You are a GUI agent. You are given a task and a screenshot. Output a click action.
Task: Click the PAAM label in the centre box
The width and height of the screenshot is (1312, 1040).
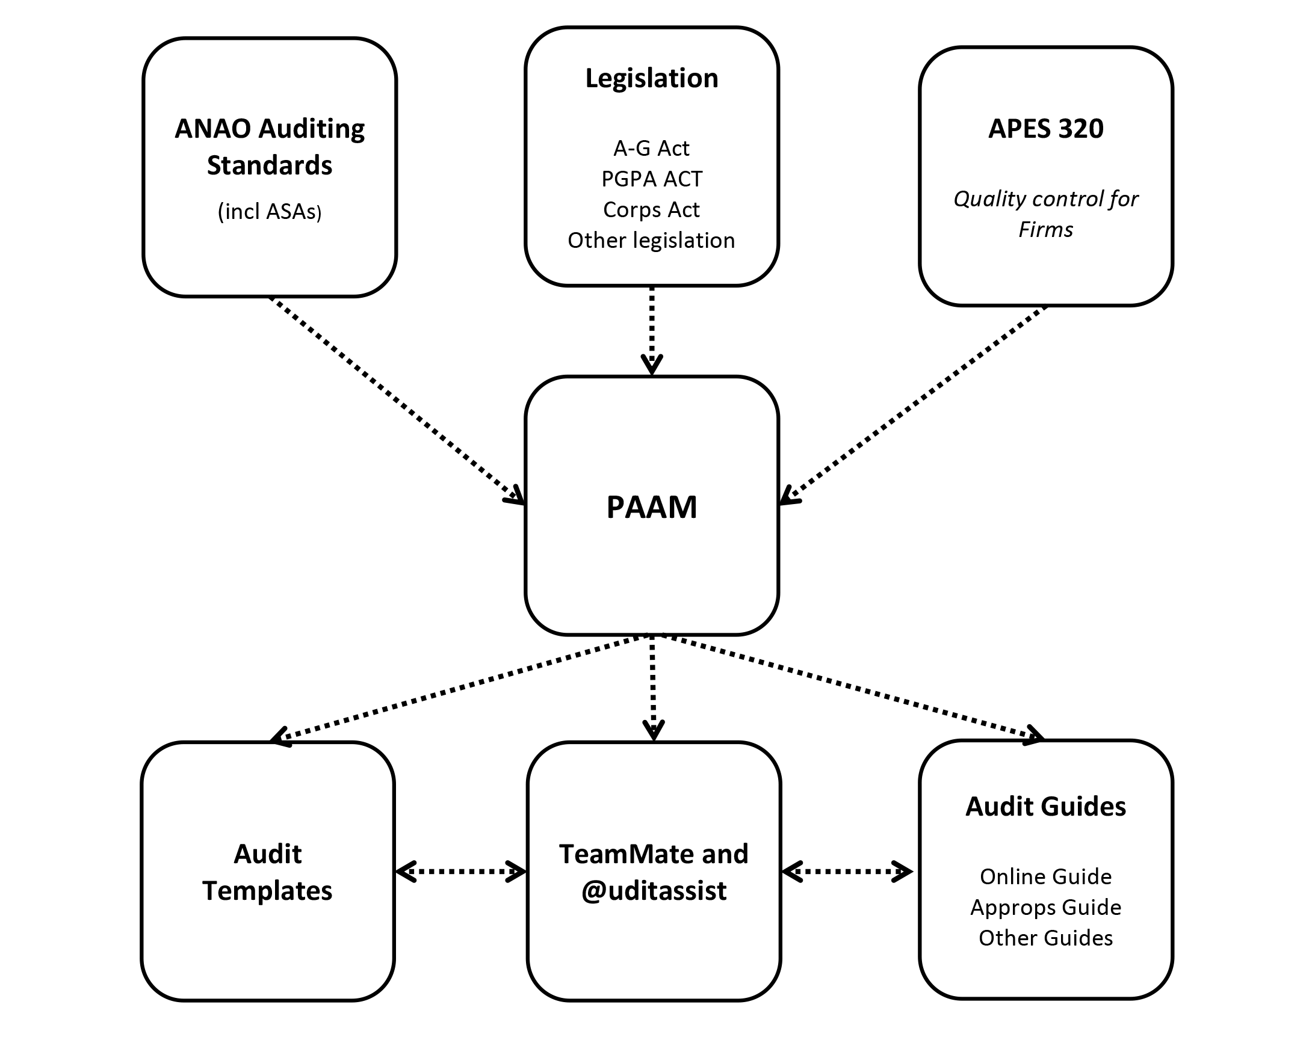coord(652,507)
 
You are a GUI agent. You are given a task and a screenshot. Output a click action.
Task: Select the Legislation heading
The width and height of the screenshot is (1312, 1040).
coord(652,78)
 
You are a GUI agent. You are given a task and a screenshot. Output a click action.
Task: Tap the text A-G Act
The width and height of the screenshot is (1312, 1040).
coord(652,148)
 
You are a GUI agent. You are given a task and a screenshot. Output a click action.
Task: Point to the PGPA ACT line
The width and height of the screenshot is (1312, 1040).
coord(652,179)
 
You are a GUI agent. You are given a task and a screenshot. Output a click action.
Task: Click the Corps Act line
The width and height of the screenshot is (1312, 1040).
coord(652,209)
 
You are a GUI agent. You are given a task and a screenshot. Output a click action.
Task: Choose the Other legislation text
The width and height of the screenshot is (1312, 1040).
coord(652,240)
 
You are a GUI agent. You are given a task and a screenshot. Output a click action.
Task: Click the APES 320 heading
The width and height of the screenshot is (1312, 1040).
coord(1045,129)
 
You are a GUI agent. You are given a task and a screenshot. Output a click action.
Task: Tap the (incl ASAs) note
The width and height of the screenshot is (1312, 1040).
coord(270,211)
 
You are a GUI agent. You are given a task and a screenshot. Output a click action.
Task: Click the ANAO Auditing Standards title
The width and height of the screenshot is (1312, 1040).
coord(270,147)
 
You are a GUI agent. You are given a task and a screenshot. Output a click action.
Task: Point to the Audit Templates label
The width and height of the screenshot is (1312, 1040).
coord(268,872)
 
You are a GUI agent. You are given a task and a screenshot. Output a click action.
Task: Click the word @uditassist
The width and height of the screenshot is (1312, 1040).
coord(654,891)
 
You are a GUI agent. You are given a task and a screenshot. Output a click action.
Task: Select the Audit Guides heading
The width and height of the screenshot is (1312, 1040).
coord(1045,807)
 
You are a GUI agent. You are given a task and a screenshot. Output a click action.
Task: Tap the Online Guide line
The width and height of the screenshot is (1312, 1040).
coord(1045,876)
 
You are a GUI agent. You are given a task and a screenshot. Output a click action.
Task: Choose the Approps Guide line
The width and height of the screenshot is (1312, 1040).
coord(1045,907)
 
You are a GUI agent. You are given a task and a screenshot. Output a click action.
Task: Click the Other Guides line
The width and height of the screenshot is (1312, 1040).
coord(1045,938)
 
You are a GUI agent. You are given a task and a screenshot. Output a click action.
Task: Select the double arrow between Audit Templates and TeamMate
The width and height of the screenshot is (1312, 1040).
coord(460,872)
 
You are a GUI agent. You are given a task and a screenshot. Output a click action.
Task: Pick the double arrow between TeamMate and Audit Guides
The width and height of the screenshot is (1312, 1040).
coord(847,872)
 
